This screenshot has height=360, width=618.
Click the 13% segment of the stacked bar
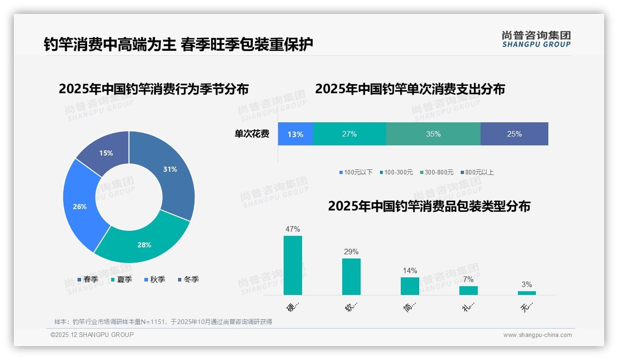point(295,134)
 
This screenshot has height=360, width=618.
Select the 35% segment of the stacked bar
point(433,134)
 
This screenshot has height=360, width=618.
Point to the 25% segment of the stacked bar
point(514,134)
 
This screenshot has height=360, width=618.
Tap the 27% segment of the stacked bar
point(349,134)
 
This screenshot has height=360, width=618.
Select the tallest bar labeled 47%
point(292,265)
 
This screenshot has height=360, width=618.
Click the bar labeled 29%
point(351,276)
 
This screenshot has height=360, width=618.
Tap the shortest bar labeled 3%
point(527,293)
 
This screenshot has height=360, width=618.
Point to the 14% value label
point(410,270)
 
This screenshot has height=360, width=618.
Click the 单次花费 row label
point(252,134)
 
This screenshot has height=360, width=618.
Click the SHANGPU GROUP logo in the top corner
point(536,39)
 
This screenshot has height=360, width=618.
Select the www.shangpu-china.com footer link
point(537,335)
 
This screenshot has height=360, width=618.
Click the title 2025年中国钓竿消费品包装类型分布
point(429,206)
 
